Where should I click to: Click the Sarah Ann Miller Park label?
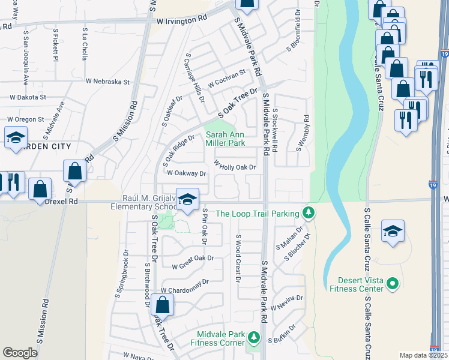[x=225, y=139]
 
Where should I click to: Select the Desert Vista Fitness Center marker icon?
[x=393, y=282]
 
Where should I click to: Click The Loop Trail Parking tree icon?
[x=308, y=212]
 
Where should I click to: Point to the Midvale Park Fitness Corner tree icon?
[x=253, y=338]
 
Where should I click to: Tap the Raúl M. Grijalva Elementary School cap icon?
[x=188, y=200]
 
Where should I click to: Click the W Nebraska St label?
[x=108, y=81]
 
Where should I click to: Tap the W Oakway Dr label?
[x=187, y=173]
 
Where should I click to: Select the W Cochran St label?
[x=227, y=77]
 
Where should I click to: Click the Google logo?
[x=20, y=353]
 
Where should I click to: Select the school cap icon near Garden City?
[x=16, y=137]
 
